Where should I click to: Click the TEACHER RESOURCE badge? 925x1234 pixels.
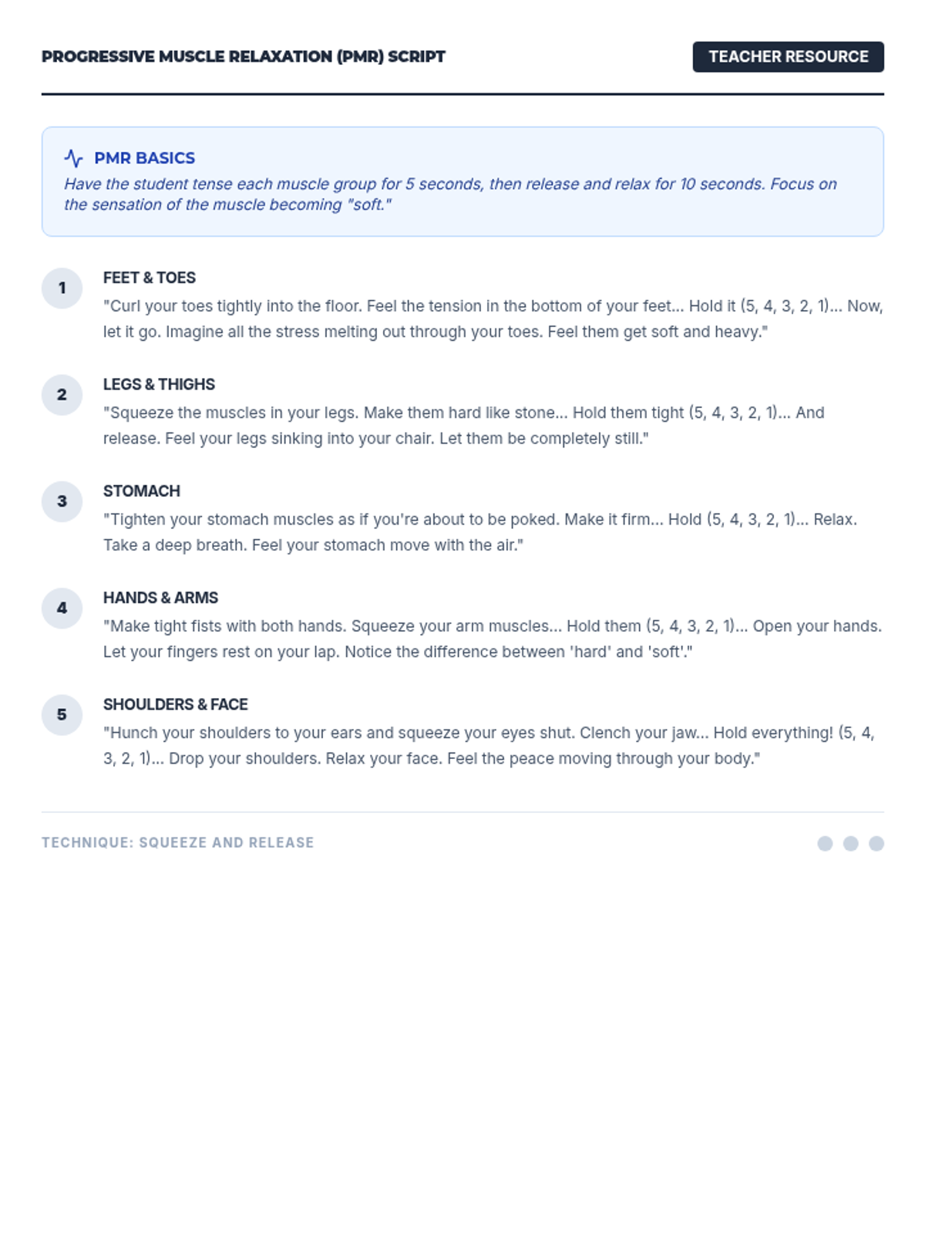click(x=788, y=57)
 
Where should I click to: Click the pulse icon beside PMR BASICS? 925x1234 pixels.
click(x=73, y=158)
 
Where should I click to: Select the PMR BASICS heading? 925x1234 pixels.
click(x=144, y=158)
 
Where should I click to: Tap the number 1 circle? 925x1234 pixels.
click(x=62, y=288)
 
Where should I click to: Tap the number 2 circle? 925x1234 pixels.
click(x=62, y=395)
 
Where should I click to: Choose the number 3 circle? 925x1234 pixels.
click(x=62, y=501)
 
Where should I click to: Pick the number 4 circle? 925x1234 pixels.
click(x=62, y=609)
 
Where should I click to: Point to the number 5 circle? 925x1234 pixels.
click(x=62, y=715)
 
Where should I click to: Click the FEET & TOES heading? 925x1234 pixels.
click(x=150, y=278)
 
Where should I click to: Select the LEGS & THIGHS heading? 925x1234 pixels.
click(x=159, y=384)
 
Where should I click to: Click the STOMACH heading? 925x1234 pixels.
click(x=142, y=491)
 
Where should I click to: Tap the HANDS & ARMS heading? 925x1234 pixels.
click(x=160, y=598)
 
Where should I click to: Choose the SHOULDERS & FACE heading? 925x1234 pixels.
click(x=176, y=704)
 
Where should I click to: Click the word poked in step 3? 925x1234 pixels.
click(x=533, y=519)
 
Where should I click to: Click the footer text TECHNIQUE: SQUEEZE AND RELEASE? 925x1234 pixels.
click(x=178, y=843)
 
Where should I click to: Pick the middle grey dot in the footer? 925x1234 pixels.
click(x=850, y=844)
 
